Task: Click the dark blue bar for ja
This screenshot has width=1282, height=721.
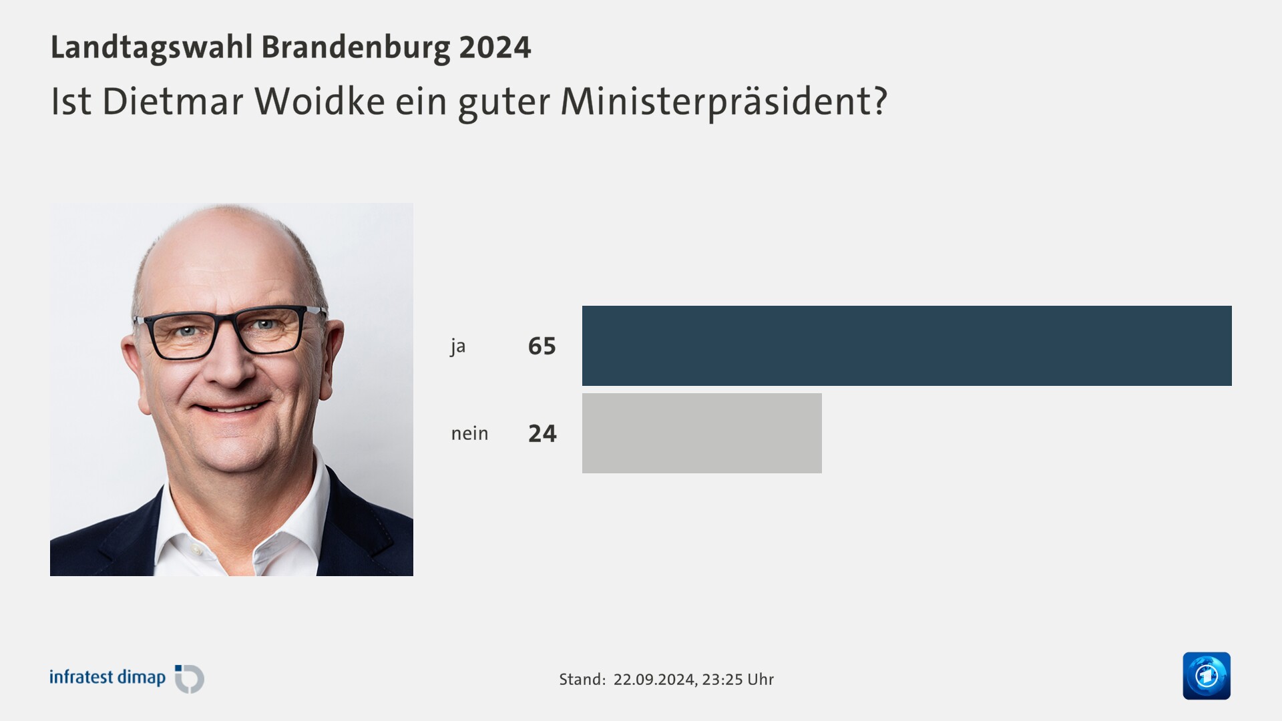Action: coord(907,346)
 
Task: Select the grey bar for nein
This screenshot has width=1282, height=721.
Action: coord(702,433)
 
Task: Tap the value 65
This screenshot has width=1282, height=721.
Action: coord(542,346)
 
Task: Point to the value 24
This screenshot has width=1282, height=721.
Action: coord(542,434)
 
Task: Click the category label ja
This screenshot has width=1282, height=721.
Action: coord(457,346)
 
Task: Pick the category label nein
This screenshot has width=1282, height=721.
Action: coord(469,434)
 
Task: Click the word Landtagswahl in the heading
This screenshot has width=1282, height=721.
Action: coord(152,47)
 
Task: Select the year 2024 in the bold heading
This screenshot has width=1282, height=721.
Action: coord(495,47)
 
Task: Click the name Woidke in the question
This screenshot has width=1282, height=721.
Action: coord(319,101)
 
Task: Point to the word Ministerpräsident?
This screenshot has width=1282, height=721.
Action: coord(724,101)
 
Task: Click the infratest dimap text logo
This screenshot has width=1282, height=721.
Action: coord(107,678)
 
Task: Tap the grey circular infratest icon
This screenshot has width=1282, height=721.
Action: coord(190,679)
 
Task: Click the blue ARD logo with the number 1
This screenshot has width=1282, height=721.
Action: coord(1206,676)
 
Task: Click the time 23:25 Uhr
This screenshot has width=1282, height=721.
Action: coord(738,680)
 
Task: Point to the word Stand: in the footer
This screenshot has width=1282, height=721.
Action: coord(582,680)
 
